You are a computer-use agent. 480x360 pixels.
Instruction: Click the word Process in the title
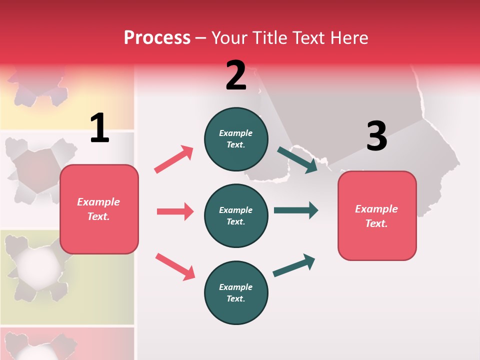coord(157,38)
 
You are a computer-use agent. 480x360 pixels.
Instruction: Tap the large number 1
coord(99,128)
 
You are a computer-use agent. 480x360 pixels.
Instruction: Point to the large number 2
coord(236,76)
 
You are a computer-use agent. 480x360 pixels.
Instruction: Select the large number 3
coord(376,136)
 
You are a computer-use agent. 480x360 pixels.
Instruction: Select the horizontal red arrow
coord(175,211)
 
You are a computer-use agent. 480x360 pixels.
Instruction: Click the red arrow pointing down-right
coord(175,266)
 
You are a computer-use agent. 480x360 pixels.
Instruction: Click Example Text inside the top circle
coord(236,139)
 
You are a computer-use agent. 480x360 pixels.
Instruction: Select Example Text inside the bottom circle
coord(236,293)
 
